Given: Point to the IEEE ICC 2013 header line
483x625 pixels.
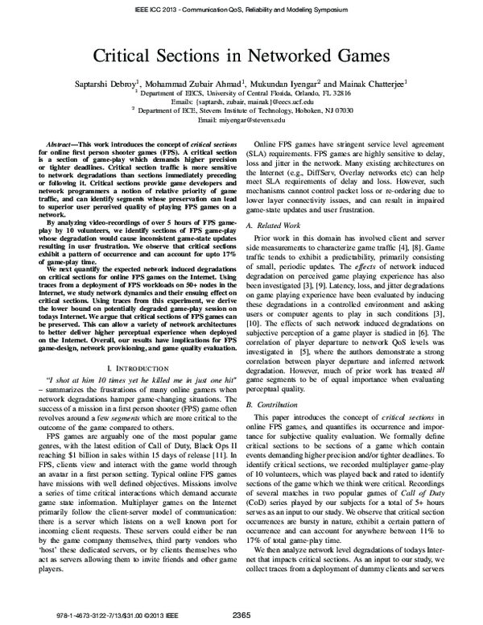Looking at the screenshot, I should [x=242, y=11].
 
